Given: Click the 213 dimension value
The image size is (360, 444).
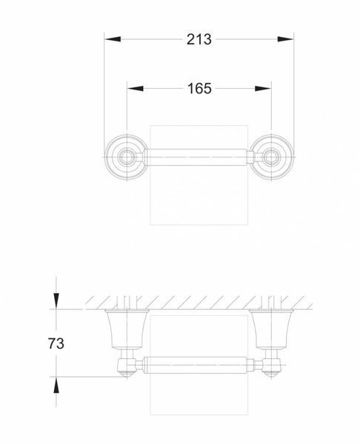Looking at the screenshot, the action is (199, 39).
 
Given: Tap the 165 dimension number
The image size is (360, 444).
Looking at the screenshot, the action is (199, 88).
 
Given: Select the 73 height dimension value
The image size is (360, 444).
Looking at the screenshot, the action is (56, 343).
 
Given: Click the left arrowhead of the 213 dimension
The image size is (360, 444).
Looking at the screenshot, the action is (113, 39).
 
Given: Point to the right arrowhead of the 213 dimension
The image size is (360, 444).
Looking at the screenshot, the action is (285, 39).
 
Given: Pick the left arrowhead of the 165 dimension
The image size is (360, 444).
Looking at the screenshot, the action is (136, 88).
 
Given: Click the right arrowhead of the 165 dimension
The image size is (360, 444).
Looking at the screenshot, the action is (263, 88).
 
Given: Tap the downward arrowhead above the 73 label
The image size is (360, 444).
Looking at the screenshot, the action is (56, 300).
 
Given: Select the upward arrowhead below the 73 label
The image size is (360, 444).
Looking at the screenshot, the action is (56, 385).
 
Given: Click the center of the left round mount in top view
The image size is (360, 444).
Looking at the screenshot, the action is (127, 157).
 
